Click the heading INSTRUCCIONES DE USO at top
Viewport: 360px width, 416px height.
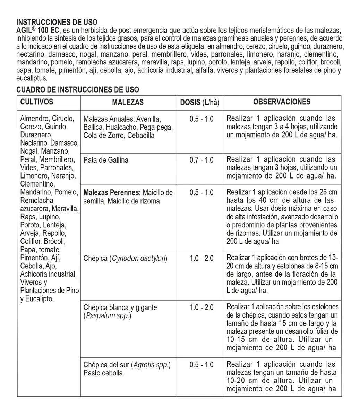57,23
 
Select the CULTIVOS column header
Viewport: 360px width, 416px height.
37,102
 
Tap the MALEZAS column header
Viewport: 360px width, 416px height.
128,102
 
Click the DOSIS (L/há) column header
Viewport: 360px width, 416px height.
200,102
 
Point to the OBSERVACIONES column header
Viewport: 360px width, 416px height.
282,102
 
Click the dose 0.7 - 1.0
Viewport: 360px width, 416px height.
202,160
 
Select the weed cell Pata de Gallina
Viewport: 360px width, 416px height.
106,160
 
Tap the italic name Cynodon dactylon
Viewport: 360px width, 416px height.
139,258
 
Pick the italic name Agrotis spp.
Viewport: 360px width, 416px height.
152,365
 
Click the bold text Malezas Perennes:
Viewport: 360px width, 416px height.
112,192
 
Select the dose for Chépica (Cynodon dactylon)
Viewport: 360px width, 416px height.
202,258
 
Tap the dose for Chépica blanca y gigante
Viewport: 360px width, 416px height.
202,307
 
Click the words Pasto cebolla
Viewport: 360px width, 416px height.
103,373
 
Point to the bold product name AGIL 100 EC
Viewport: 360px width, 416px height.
37,30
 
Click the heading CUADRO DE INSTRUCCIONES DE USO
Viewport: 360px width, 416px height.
78,89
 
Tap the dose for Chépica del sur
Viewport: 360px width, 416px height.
202,365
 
